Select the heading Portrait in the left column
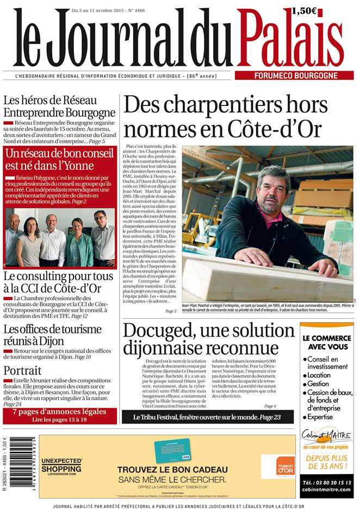(x=22, y=370)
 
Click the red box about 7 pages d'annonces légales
(x=60, y=415)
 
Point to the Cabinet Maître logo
(x=326, y=436)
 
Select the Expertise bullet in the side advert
(x=323, y=417)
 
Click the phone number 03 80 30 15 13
(x=326, y=482)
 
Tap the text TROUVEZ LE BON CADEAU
(x=172, y=469)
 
